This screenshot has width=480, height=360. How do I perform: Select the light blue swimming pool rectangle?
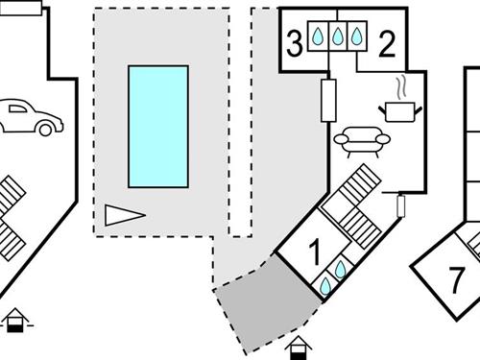click(157, 126)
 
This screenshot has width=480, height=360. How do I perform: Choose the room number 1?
click(313, 254)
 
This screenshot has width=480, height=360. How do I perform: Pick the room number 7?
click(456, 280)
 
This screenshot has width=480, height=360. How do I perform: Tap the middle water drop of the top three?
click(337, 36)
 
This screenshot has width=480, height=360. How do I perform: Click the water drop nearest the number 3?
click(318, 36)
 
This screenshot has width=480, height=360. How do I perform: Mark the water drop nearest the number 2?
click(356, 36)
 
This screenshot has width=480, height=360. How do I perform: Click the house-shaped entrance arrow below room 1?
click(299, 346)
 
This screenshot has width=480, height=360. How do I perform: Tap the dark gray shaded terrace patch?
click(265, 304)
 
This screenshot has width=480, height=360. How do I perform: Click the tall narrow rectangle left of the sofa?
click(329, 98)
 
